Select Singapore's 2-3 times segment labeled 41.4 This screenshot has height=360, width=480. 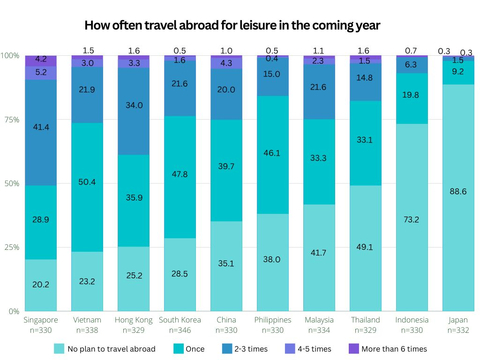[41, 133]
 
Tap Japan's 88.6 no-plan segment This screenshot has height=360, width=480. [458, 198]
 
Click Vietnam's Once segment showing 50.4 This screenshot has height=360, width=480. [87, 187]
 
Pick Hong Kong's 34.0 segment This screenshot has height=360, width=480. [134, 111]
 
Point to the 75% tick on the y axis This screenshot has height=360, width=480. [12, 120]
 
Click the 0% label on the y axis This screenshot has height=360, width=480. [14, 311]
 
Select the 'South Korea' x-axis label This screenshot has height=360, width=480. [180, 320]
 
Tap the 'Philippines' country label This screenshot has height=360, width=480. [273, 320]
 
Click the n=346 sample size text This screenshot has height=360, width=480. [180, 330]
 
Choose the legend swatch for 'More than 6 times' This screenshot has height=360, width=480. [354, 349]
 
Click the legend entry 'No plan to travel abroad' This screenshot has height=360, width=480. [111, 349]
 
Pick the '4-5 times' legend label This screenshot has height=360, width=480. [314, 349]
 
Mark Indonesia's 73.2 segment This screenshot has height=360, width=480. [412, 217]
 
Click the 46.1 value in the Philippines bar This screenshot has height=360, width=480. [272, 153]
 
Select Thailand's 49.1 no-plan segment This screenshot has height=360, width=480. [365, 248]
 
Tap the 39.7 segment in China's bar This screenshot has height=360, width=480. [226, 170]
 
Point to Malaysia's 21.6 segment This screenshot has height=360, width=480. [319, 92]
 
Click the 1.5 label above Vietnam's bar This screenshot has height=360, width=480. [88, 51]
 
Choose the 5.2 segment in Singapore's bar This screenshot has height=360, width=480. [41, 73]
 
